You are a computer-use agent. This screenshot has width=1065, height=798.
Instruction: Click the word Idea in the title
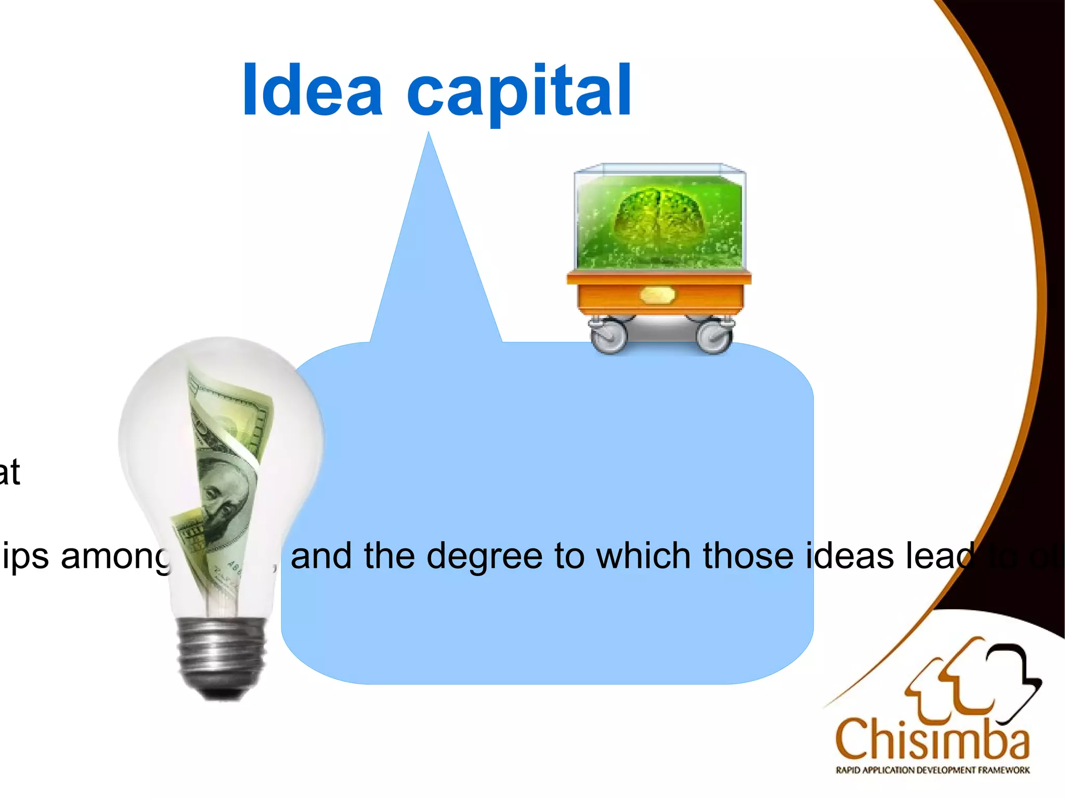tap(312, 89)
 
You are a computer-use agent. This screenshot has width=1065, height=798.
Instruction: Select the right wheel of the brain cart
tap(715, 336)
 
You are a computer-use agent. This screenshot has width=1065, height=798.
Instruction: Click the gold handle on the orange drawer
tap(657, 295)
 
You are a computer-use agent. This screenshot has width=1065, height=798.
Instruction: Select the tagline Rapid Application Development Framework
tap(932, 770)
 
